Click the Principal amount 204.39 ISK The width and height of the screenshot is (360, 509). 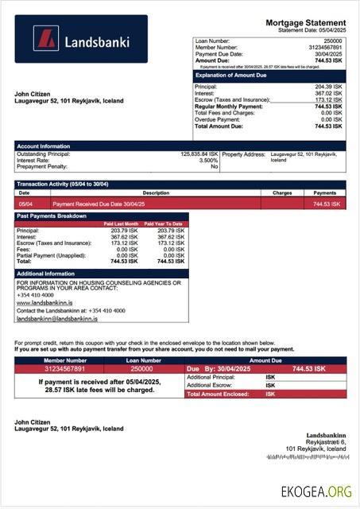[328, 86]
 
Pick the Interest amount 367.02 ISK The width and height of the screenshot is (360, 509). [328, 93]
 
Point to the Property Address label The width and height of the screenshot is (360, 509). [244, 153]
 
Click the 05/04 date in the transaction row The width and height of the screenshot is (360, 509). [25, 204]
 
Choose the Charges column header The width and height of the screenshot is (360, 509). [282, 192]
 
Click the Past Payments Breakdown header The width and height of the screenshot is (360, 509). [52, 216]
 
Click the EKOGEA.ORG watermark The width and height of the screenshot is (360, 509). [315, 492]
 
